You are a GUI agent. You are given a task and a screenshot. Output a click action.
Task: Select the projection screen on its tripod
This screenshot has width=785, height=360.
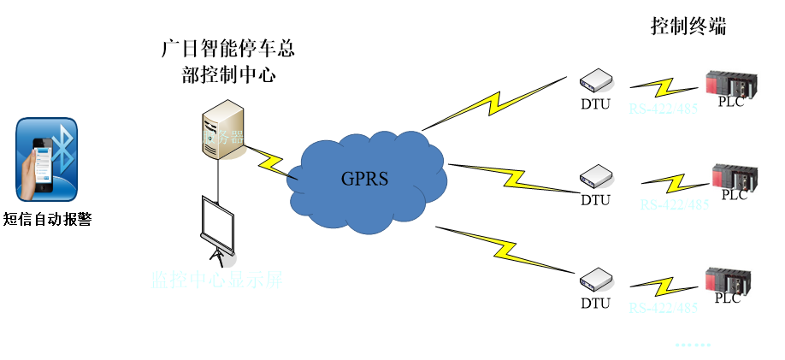pos(217,226)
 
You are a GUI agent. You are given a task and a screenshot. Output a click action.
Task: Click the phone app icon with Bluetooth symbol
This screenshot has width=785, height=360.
pos(48,161)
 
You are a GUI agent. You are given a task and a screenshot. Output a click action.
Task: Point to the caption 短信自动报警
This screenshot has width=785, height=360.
pos(48,220)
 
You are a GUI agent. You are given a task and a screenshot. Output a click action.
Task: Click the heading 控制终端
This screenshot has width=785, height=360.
pos(688,27)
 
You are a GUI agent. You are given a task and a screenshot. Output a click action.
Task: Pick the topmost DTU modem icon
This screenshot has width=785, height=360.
pos(596,80)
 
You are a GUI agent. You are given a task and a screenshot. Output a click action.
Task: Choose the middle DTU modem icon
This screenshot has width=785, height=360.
pos(596,177)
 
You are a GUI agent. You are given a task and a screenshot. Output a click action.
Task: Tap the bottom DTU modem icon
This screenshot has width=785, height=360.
pos(596,280)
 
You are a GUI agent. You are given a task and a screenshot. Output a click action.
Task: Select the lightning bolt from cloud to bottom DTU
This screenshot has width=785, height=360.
pos(505,250)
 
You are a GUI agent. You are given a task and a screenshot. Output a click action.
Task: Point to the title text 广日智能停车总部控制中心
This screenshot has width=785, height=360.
pos(231,61)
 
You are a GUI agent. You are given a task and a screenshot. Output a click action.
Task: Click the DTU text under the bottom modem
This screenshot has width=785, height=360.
pos(596,303)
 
